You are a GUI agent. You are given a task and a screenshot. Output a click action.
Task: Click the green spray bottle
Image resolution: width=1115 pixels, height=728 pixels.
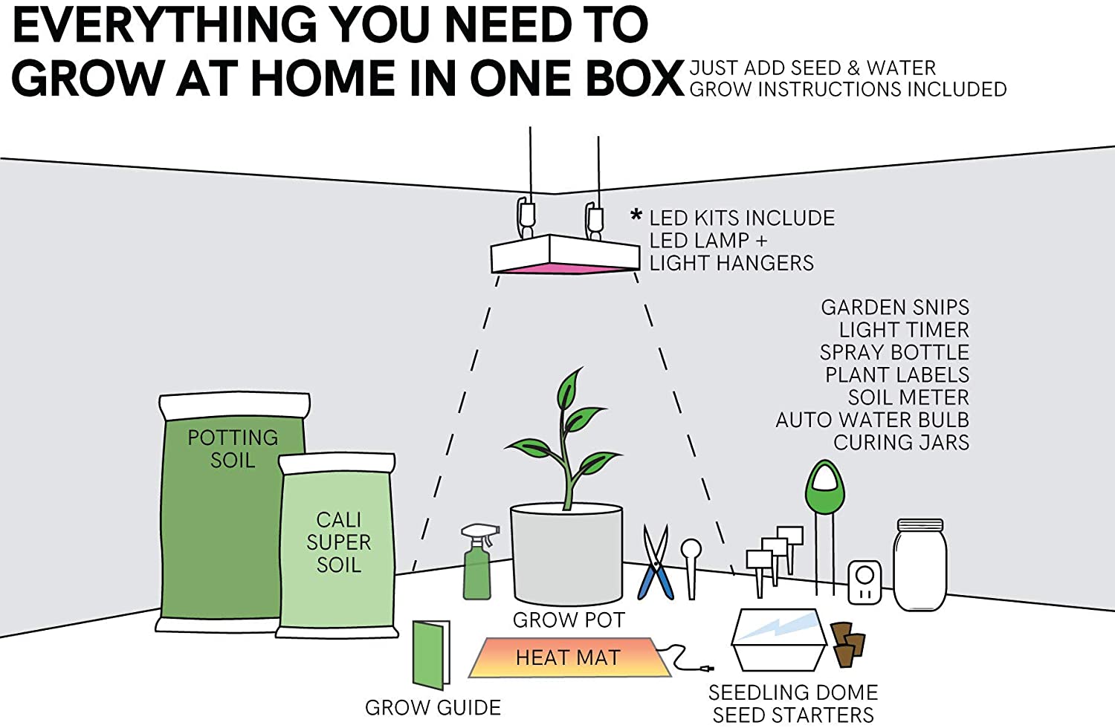point(477,568)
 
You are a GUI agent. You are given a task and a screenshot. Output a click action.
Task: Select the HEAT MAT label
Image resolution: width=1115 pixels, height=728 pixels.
point(568,657)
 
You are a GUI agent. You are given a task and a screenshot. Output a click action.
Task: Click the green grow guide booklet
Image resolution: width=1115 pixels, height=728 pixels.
point(432,654)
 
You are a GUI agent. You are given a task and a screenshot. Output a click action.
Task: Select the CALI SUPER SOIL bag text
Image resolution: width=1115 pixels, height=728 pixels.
point(339,542)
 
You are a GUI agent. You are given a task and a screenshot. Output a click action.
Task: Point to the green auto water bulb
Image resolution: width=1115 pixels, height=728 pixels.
point(824,487)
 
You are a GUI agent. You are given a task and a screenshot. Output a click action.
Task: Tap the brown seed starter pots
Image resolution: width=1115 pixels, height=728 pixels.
point(848,643)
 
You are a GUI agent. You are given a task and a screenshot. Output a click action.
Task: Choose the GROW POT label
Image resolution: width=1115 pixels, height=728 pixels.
point(569,620)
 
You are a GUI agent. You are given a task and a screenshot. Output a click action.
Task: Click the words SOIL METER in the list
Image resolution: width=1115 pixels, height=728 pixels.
point(908,397)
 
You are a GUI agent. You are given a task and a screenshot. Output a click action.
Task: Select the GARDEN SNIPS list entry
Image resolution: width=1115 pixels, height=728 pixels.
point(895,308)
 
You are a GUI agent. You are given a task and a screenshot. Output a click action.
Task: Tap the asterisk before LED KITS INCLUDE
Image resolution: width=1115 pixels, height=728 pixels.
point(636,216)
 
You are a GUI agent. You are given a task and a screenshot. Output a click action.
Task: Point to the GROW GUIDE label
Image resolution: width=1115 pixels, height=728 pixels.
point(433,708)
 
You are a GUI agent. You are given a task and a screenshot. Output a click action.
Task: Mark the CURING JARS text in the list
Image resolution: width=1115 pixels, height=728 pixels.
point(901,443)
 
